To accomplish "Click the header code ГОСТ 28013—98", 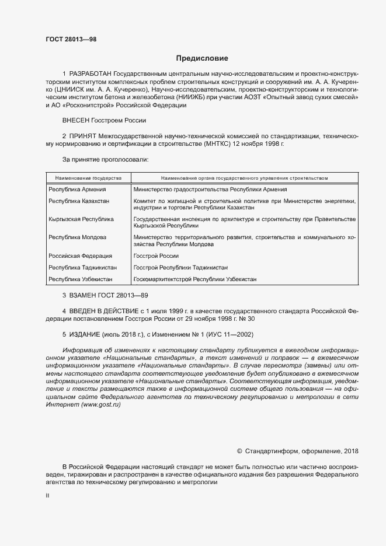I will pos(71,40).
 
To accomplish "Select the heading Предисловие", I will pos(202,58).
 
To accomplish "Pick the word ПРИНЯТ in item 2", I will pos(83,135).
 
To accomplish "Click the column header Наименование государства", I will pos(88,177).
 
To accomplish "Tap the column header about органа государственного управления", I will pos(244,177).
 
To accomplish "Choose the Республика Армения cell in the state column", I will pos(77,190).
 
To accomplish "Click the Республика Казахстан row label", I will pos(79,201).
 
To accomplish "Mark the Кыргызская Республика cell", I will pos(81,219).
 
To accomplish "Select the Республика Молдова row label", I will pos(77,237).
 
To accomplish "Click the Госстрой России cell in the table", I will pos(156,256).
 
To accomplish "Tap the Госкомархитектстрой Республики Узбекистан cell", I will pos(194,279).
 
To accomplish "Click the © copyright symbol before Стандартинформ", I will pos(239,451).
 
